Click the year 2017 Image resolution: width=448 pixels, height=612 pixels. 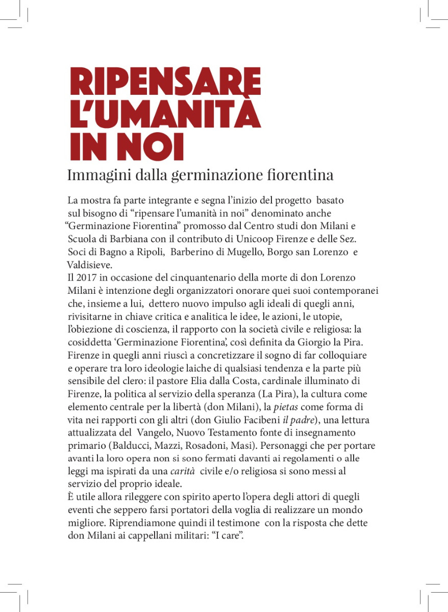(x=86, y=278)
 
